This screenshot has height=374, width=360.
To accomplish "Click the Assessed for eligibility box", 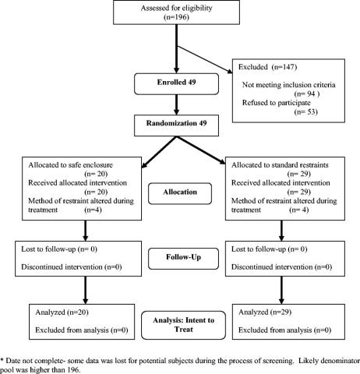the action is point(176,12).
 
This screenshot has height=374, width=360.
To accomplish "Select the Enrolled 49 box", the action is point(176,84).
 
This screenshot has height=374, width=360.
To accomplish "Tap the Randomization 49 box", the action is point(176,125).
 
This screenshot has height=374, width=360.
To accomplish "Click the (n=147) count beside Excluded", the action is point(284,67).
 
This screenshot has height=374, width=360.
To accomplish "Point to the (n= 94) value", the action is point(306,93).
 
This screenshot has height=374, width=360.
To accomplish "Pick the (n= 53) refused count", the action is point(305,112).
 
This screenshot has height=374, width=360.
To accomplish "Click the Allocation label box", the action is point(180,193).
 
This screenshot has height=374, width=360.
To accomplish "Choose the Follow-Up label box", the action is point(183,259).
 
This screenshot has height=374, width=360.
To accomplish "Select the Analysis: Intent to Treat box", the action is point(183,325).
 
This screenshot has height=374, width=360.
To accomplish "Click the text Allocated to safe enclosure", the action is point(70,165).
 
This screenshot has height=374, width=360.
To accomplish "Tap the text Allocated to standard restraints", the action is point(280,165).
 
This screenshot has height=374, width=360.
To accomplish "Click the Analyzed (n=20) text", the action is point(62,312).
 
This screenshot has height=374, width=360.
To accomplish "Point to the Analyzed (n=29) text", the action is point(265,312).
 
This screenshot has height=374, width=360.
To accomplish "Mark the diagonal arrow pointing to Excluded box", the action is point(204,59).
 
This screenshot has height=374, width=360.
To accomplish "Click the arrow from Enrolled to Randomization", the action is point(176,105).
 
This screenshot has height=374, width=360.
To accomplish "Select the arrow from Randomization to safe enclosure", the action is point(159,153).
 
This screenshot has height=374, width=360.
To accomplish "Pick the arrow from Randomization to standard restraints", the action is point(201,150).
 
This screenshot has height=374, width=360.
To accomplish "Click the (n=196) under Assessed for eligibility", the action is point(176,17).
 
